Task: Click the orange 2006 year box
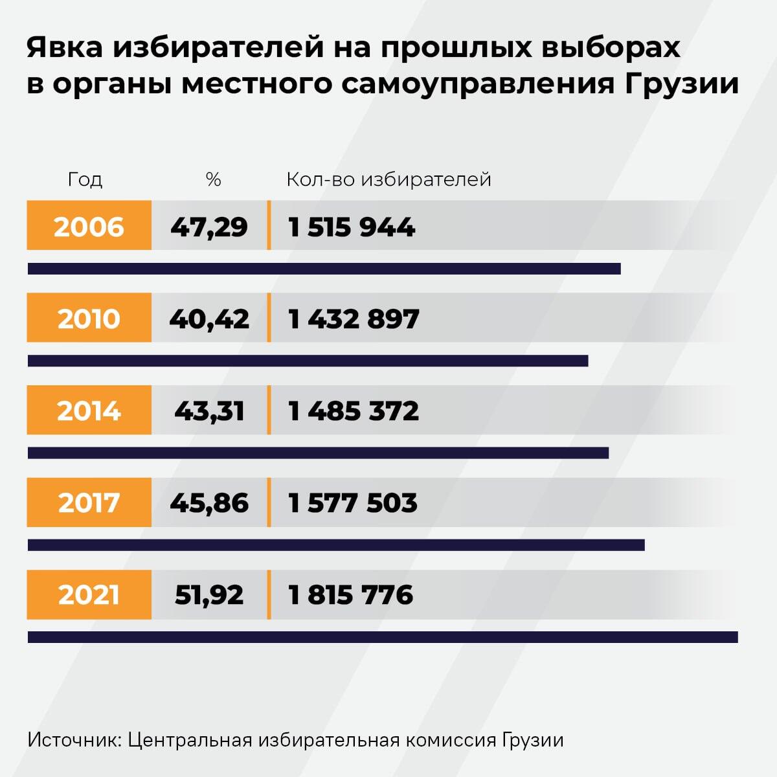(89, 226)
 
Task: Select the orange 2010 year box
(89, 318)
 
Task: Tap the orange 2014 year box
(89, 411)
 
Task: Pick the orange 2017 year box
(89, 502)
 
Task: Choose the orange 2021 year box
(89, 594)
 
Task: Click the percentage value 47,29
(209, 227)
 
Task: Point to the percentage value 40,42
(209, 319)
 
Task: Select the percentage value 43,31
(209, 411)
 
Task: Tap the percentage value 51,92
(209, 594)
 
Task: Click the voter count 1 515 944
(352, 227)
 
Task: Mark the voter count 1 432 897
(354, 319)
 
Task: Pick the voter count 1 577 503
(353, 502)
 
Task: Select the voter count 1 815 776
(350, 594)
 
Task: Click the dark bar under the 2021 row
(382, 637)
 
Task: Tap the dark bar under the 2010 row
(308, 361)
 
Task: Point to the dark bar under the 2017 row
(336, 545)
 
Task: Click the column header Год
(85, 179)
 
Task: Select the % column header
(213, 179)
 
